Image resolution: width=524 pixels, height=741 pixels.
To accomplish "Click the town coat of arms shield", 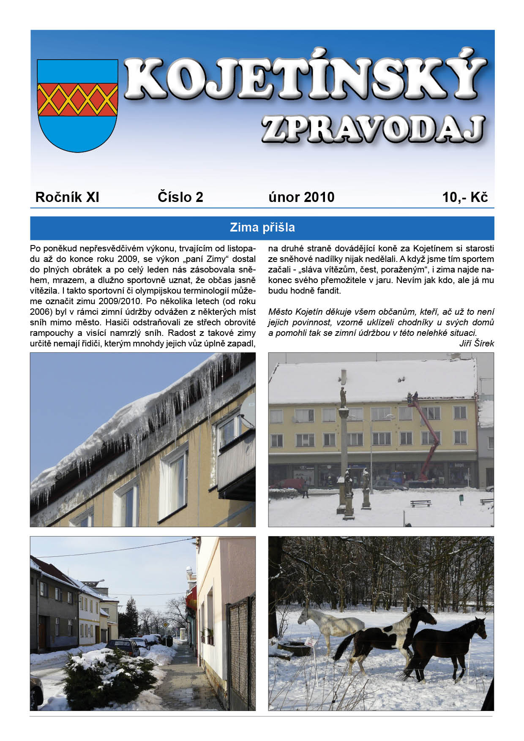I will click(x=77, y=105).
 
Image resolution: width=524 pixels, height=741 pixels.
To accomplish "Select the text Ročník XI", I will click(x=67, y=197).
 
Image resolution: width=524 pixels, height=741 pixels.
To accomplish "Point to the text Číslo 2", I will click(x=180, y=197).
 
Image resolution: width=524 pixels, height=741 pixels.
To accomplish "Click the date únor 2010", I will click(x=301, y=197).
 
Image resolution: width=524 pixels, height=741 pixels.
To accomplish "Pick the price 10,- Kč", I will click(x=465, y=197).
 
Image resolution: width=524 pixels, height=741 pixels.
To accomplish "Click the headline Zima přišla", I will click(x=262, y=228).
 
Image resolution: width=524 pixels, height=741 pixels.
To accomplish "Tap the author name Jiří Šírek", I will click(x=476, y=343).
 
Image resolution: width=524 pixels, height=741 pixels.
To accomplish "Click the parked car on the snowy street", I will click(x=123, y=647).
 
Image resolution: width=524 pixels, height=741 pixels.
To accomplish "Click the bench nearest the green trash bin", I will click(x=421, y=503).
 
